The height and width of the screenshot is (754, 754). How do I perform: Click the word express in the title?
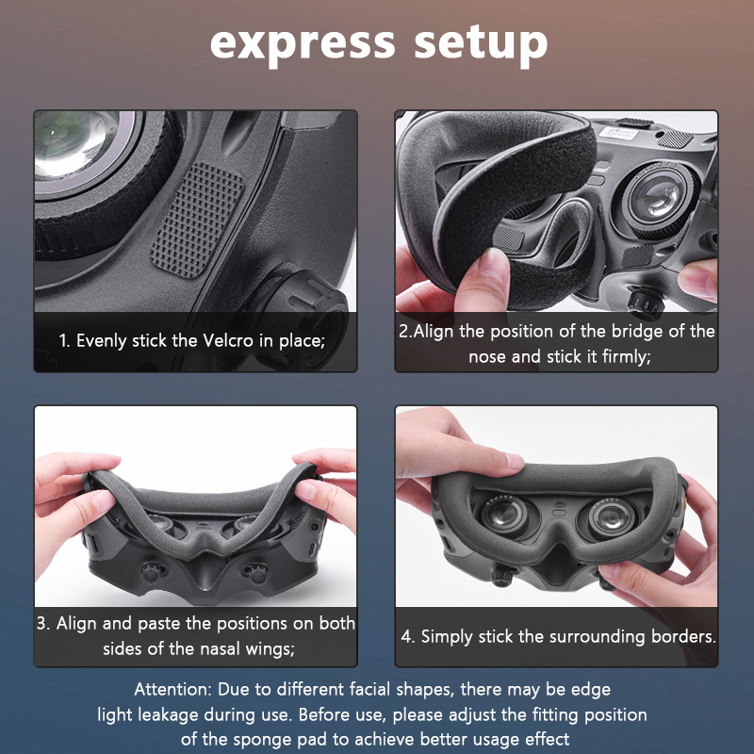pos(303,44)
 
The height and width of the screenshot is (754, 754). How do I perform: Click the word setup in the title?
pos(481,44)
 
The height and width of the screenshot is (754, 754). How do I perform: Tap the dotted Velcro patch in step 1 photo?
pos(198,221)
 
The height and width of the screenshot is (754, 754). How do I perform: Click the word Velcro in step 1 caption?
pos(228,340)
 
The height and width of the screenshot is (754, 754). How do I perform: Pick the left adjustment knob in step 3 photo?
pos(152,572)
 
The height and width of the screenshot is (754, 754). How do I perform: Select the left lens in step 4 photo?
pos(505,516)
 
